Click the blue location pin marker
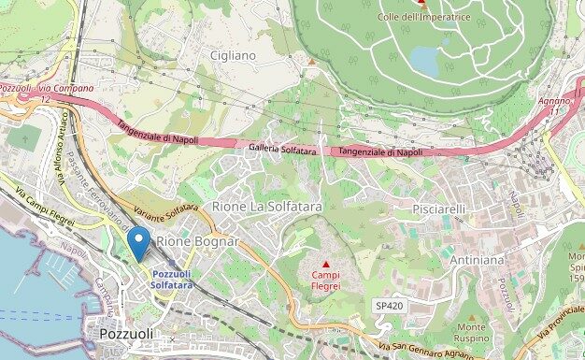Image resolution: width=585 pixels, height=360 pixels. click(x=138, y=243)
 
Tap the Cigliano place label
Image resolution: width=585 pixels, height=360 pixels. click(x=233, y=56)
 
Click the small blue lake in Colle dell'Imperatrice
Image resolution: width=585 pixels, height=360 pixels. click(x=425, y=62)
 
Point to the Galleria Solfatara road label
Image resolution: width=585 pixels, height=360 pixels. click(x=283, y=150)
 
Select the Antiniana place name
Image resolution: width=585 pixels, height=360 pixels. click(x=477, y=259)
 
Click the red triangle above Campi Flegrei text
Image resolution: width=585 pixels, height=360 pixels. click(x=325, y=265)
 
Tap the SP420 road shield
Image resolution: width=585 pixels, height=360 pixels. click(x=389, y=306)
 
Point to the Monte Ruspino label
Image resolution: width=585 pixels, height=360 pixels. click(x=471, y=332)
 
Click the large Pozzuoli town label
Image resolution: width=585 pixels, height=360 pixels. click(x=126, y=334)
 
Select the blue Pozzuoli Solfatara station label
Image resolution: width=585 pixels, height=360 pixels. click(x=172, y=279)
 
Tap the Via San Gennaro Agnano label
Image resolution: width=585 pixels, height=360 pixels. click(x=421, y=351)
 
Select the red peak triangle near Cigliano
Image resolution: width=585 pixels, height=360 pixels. click(x=311, y=62)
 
